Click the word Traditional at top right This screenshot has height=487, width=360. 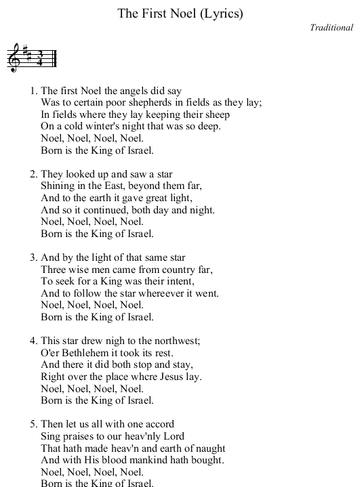(x=332, y=28)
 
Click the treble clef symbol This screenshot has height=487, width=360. (x=14, y=57)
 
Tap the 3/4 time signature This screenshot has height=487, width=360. (x=40, y=58)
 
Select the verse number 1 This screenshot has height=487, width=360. (x=33, y=90)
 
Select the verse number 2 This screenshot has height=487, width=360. (x=33, y=174)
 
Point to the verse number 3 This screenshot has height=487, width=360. (x=33, y=257)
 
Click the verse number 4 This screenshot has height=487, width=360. (x=33, y=341)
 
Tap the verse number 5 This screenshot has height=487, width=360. (x=33, y=425)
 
